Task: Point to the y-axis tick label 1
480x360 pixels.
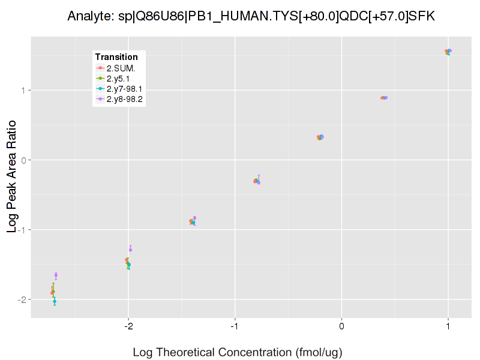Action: click(24, 91)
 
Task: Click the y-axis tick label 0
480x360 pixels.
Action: click(24, 160)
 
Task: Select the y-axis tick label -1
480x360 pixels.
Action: click(22, 230)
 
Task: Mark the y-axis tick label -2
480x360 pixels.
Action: click(22, 299)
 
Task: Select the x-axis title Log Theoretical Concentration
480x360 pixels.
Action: click(238, 352)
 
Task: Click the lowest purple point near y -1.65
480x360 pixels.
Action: click(56, 275)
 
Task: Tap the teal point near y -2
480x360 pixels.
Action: click(55, 301)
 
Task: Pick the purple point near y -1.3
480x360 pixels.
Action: click(130, 249)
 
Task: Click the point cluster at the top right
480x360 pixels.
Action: click(448, 52)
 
